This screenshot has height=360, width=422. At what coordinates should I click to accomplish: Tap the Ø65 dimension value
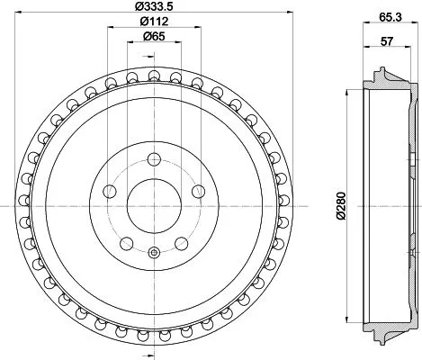point(152,37)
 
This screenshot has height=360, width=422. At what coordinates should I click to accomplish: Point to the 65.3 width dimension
point(390,15)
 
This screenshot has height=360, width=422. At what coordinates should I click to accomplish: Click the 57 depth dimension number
point(388,40)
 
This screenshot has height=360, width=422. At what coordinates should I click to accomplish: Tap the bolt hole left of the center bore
point(110,191)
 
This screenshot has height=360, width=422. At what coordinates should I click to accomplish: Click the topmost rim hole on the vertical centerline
point(152,74)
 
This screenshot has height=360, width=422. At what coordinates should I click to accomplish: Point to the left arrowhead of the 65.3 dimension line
point(364,24)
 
